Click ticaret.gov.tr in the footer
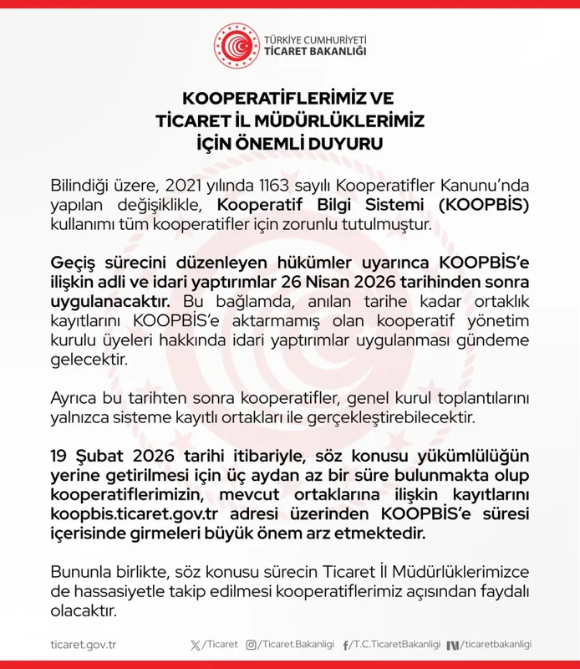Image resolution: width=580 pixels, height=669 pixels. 83,645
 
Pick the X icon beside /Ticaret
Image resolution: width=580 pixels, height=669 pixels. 196,645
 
